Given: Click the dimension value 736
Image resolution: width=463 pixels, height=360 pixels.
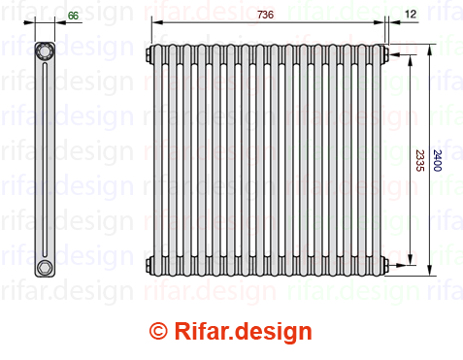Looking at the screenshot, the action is [x=265, y=15].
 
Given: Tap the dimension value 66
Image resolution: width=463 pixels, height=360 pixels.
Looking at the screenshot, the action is [x=73, y=16].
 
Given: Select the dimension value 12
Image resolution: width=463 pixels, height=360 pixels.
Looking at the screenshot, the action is [x=411, y=14].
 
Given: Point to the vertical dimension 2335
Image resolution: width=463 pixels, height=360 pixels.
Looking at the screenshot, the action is [x=419, y=160].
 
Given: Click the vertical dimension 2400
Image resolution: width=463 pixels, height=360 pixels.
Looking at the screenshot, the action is [x=437, y=160].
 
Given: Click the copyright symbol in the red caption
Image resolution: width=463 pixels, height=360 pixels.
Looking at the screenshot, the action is [x=158, y=331].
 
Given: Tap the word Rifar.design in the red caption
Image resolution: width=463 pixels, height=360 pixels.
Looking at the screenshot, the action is [x=243, y=332].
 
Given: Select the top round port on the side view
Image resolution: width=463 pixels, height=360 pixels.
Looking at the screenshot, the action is [x=45, y=51].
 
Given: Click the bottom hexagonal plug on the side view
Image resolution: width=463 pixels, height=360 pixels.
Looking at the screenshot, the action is [x=44, y=268].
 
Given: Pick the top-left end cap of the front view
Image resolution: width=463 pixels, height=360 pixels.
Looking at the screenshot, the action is [x=150, y=54].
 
